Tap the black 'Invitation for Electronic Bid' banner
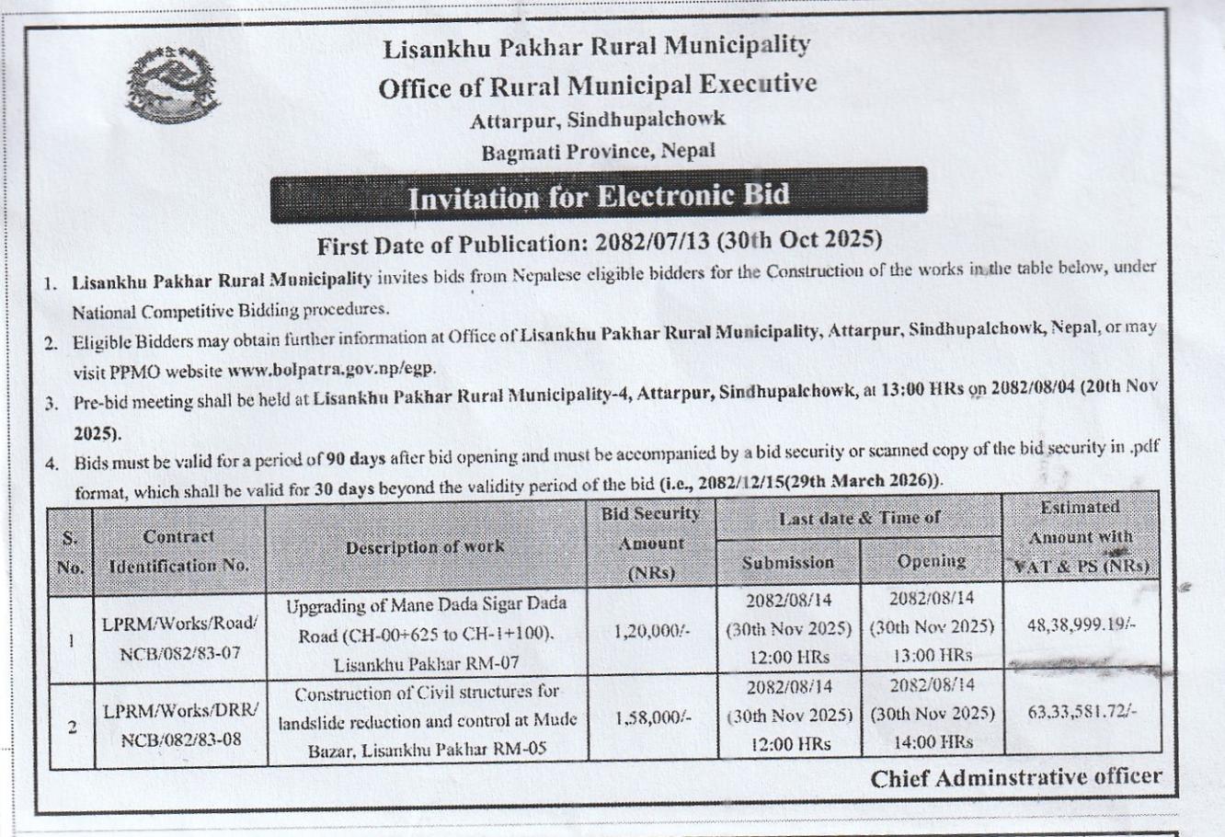coord(598,196)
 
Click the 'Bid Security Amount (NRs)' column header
coord(650,543)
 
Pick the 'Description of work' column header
coord(425,547)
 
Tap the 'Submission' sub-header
coord(788,562)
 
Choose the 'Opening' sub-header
coord(931,561)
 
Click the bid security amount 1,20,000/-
coord(650,631)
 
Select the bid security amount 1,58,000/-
coord(650,719)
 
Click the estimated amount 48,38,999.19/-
coord(1081,624)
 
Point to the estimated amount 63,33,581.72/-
coord(1081,712)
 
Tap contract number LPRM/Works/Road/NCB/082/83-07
coord(180,636)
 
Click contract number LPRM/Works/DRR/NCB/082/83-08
coord(180,726)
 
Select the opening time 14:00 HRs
coord(932,741)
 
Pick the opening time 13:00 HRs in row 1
coord(932,655)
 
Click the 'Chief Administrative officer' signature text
coord(1015,778)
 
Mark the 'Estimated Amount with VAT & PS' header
coord(1080,537)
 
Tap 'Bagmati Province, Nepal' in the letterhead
coord(598,152)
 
